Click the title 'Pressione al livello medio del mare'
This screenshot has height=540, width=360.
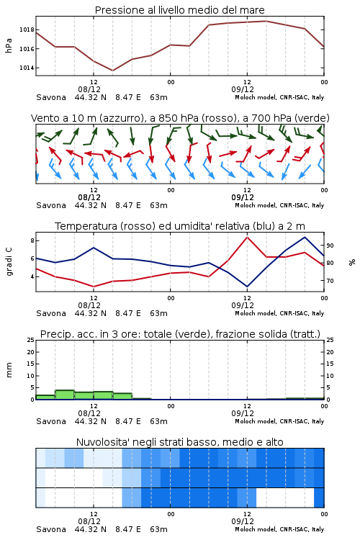(179, 10)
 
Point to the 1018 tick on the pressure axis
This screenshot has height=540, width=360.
(27, 30)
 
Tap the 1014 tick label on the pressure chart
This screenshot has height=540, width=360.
(27, 68)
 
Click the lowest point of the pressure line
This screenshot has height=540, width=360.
(112, 71)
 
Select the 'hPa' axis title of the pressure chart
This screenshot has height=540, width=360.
(9, 45)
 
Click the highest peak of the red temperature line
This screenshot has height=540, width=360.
(248, 237)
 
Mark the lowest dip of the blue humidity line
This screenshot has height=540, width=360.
(247, 286)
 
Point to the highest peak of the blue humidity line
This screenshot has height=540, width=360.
(305, 237)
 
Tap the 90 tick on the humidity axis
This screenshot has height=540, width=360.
(330, 246)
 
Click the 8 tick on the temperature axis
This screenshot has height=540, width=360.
(32, 240)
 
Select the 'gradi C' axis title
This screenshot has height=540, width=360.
(9, 261)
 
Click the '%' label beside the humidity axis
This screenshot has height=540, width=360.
(352, 262)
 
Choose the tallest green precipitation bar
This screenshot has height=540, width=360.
(65, 395)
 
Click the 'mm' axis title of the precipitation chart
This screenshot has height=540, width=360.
(9, 370)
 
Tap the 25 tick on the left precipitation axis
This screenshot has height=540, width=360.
(31, 341)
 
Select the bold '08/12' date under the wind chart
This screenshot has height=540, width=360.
(89, 198)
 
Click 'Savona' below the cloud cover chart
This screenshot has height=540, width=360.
(51, 529)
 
